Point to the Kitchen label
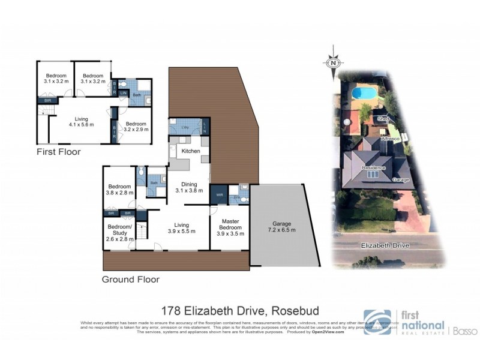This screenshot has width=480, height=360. (x=191, y=151)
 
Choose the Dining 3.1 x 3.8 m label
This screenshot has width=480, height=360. (x=190, y=187)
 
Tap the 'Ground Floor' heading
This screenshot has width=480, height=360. (x=130, y=279)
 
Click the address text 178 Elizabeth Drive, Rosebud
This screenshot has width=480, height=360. (x=240, y=311)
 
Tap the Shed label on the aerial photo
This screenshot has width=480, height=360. (x=383, y=119)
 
